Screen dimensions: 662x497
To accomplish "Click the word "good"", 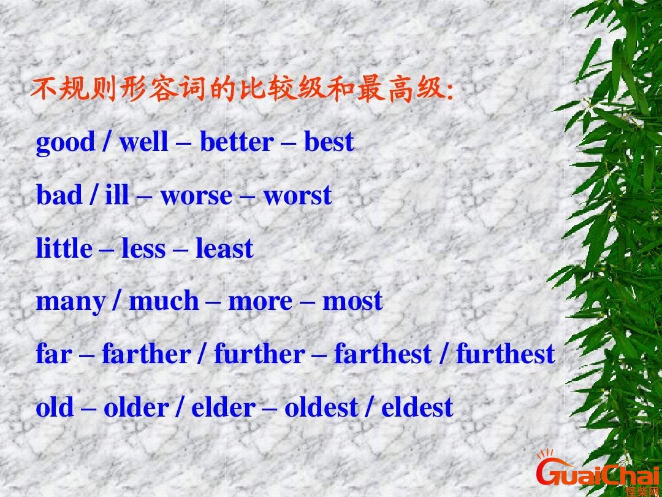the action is tap(66, 144).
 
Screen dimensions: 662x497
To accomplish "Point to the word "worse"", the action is tap(196, 196).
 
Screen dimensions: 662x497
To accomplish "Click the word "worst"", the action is tap(298, 196).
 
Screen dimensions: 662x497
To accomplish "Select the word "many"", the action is tap(70, 302).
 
